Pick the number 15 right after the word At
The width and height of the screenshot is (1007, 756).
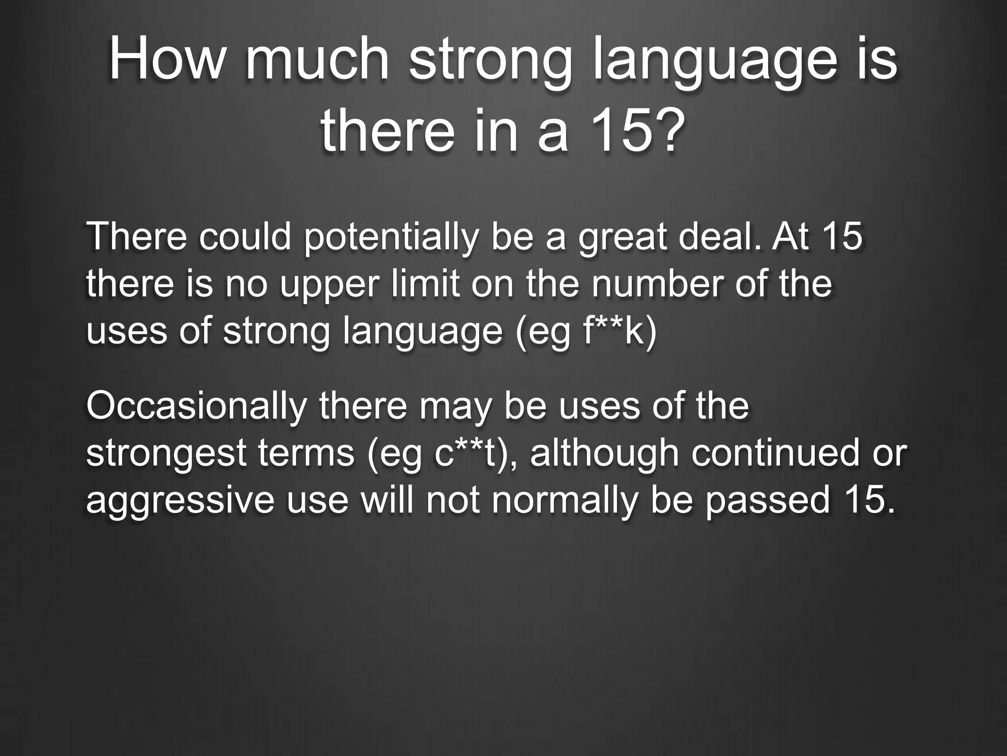[841, 236]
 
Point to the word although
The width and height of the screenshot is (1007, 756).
[604, 454]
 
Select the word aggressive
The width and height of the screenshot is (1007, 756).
[180, 502]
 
